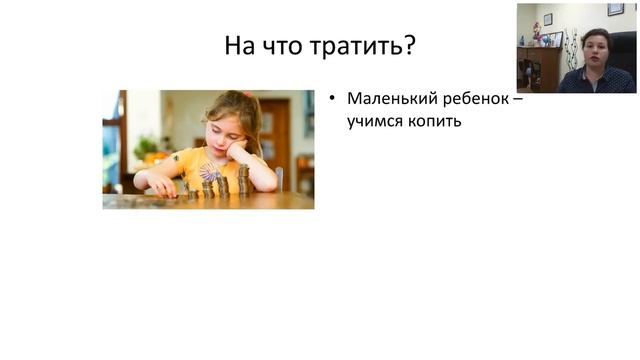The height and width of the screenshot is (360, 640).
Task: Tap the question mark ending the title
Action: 411,47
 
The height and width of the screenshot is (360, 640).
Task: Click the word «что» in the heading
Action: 284,47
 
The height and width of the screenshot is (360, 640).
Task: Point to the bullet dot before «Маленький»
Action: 331,100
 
